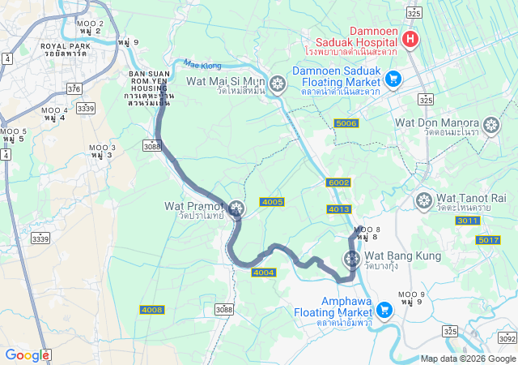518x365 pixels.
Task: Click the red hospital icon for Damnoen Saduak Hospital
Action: tap(410, 38)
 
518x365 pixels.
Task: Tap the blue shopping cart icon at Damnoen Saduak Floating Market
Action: tap(393, 79)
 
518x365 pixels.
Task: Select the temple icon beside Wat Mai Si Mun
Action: tap(278, 84)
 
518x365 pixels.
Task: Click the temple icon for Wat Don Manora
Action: tap(490, 129)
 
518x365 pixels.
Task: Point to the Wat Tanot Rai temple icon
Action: tap(423, 200)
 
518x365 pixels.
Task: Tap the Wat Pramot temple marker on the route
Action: tap(236, 210)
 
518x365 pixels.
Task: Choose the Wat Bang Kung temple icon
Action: tap(351, 259)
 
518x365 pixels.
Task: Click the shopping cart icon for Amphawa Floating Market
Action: tap(384, 308)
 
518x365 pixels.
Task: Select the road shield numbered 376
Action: tap(74, 88)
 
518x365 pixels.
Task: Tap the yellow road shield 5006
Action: tap(346, 123)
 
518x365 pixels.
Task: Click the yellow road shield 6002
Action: tap(338, 182)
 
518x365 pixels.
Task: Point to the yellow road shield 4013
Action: tap(339, 209)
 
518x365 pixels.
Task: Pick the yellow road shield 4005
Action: tap(272, 201)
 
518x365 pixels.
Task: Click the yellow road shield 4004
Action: tap(264, 273)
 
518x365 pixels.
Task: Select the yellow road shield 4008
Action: tap(151, 310)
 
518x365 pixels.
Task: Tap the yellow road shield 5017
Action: tap(489, 240)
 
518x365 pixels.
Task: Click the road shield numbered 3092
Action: tap(507, 338)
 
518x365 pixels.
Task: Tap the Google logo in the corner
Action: tap(27, 354)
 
